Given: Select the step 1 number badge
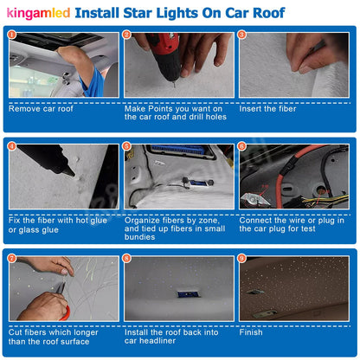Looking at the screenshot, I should click(x=12, y=35).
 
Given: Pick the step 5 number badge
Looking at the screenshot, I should click(x=127, y=146).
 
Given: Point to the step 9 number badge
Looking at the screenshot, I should click(x=242, y=259).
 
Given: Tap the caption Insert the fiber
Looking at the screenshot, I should click(x=269, y=108).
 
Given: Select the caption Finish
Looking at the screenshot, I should click(x=252, y=331).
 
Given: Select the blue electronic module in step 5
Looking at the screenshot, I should click(x=177, y=156).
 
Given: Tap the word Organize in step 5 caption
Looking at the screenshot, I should click(x=145, y=220).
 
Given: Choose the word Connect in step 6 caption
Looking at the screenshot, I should click(x=260, y=220).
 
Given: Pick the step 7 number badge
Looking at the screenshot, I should click(x=12, y=259).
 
